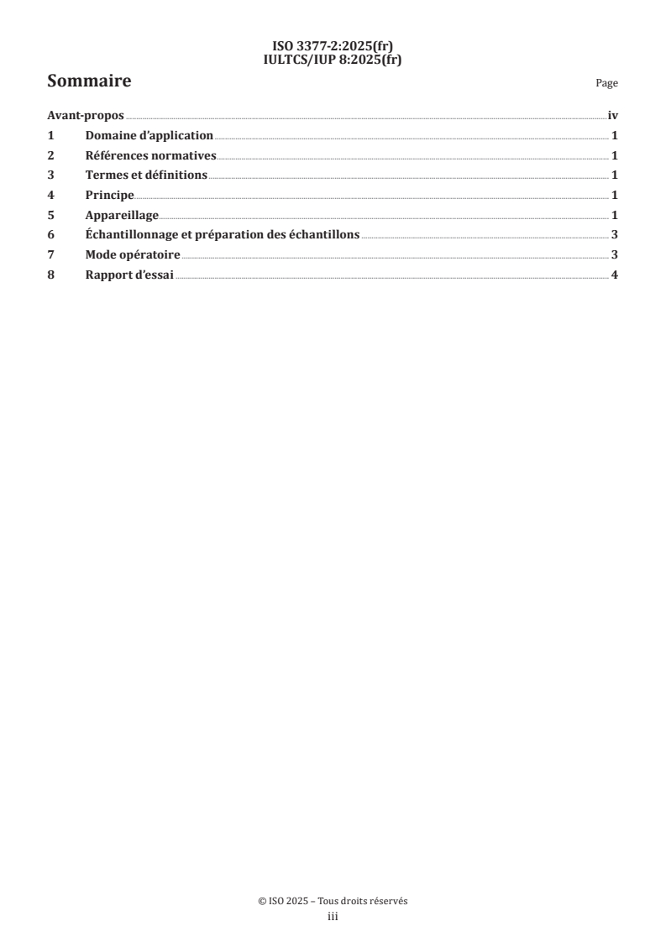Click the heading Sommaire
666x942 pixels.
pos(89,82)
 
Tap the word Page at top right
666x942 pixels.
pos(606,84)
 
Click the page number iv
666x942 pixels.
pos(612,117)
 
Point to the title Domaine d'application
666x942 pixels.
pos(149,136)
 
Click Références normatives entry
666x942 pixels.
pos(151,155)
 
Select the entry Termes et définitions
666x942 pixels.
pos(146,175)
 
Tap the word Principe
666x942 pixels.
pos(109,196)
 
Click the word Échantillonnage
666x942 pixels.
pos(129,235)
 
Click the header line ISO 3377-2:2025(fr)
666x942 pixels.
pos(333,48)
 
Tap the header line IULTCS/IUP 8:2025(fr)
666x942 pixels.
pos(333,59)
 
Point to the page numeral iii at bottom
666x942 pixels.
pos(333,917)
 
